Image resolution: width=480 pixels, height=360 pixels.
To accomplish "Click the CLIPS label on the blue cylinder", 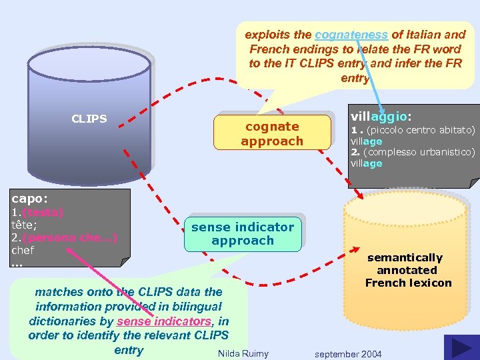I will click(89, 119).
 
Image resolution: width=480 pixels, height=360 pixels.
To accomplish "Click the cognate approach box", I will click(272, 133).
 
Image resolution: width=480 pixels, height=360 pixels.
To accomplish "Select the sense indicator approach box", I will click(243, 233).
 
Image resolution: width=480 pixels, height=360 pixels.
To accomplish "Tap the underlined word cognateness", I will click(351, 34).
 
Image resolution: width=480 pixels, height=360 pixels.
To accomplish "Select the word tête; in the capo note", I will click(24, 225).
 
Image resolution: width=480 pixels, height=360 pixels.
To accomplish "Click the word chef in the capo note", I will click(23, 250).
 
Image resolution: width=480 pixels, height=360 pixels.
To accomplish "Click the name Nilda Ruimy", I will click(243, 353).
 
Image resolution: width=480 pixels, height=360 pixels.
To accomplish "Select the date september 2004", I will click(349, 353).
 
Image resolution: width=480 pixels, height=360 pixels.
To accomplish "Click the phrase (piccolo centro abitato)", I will click(419, 130).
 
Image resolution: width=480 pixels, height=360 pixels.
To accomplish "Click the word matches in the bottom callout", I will click(59, 292).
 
